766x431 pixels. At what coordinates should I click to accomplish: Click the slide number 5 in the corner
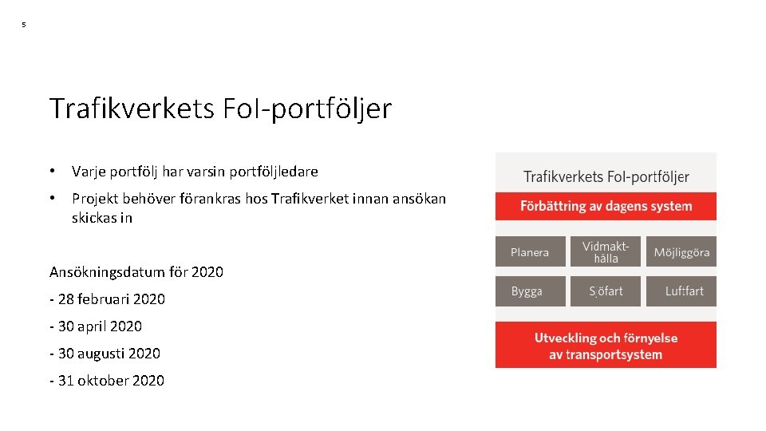coord(23,26)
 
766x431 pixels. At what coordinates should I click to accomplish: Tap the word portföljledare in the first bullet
coord(274,172)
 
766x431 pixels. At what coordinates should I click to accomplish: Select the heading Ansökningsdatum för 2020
coord(136,272)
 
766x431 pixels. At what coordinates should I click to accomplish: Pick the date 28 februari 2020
coord(108,299)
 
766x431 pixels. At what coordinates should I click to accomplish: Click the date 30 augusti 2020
coord(105,354)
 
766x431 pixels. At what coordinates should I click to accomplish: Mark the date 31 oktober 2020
coord(107,381)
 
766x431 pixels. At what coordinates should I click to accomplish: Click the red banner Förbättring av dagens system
coord(606,206)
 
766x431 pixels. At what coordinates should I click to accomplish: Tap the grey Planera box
coord(530,251)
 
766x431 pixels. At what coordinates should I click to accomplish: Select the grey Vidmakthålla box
coord(606,251)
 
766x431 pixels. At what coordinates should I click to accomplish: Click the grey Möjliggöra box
coord(681,251)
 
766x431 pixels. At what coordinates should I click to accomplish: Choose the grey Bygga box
coord(530,291)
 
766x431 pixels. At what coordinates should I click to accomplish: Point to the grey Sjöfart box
coord(606,291)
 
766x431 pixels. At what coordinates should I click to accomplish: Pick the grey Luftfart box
coord(681,291)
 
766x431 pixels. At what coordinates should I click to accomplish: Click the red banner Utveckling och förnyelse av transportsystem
coord(606,346)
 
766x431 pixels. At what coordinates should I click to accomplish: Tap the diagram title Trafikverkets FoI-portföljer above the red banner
coord(606,176)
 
